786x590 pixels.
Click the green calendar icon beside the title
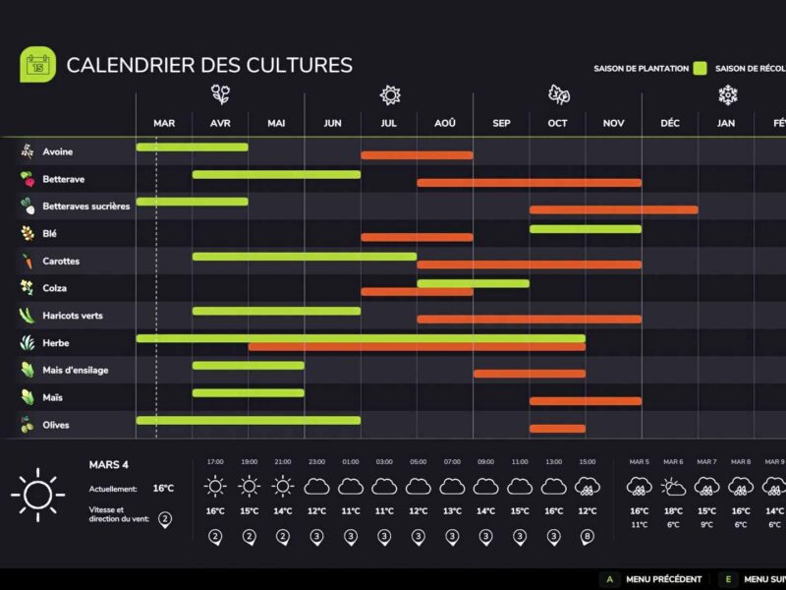pos(37,65)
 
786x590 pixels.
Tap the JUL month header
pos(388,123)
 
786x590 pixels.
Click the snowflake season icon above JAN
pos(727,94)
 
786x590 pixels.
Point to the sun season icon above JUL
pos(390,94)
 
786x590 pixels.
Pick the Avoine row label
pos(57,152)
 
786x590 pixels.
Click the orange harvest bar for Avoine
pos(417,155)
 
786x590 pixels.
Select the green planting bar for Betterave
pos(276,174)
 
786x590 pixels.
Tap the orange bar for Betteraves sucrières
pos(613,209)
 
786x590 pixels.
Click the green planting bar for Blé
pos(585,229)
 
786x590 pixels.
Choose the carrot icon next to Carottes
pos(28,262)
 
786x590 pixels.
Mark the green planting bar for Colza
pos(473,283)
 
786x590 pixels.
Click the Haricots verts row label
pos(72,316)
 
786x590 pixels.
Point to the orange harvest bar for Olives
pos(557,428)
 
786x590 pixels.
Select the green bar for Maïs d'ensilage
pos(248,365)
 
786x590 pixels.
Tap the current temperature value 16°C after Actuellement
pos(163,488)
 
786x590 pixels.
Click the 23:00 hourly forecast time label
pos(316,461)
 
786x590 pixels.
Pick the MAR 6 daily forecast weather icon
pos(673,486)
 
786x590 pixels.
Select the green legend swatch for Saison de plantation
pos(700,69)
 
